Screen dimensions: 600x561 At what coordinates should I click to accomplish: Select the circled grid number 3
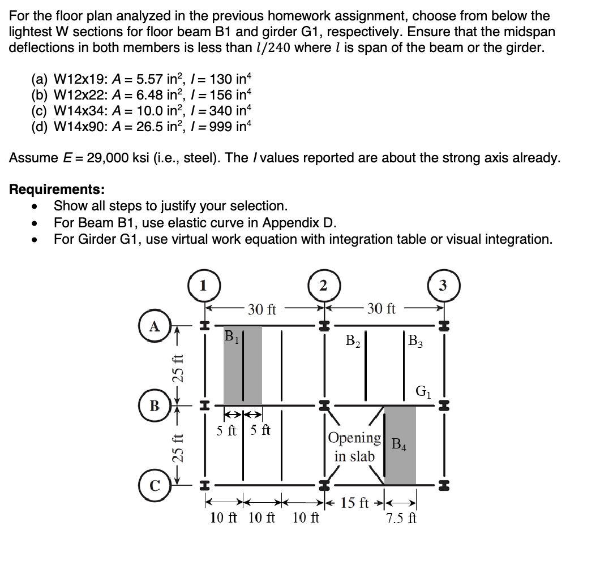click(443, 284)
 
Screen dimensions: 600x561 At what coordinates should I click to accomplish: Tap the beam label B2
click(354, 341)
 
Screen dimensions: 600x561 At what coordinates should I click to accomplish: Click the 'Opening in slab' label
click(355, 446)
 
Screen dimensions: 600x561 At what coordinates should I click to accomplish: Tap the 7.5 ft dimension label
click(401, 518)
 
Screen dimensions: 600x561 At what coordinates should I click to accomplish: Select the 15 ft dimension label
click(356, 502)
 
